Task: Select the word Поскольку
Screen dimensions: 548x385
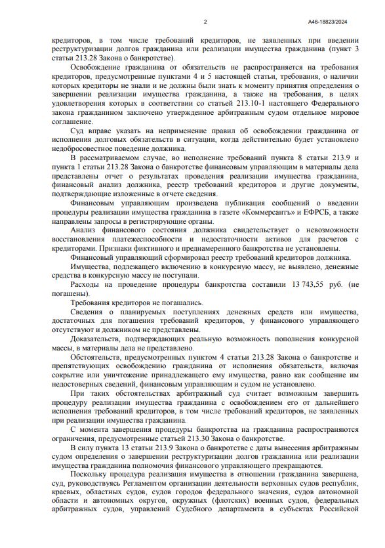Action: (91, 473)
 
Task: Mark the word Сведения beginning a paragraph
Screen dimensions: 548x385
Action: (89, 313)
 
